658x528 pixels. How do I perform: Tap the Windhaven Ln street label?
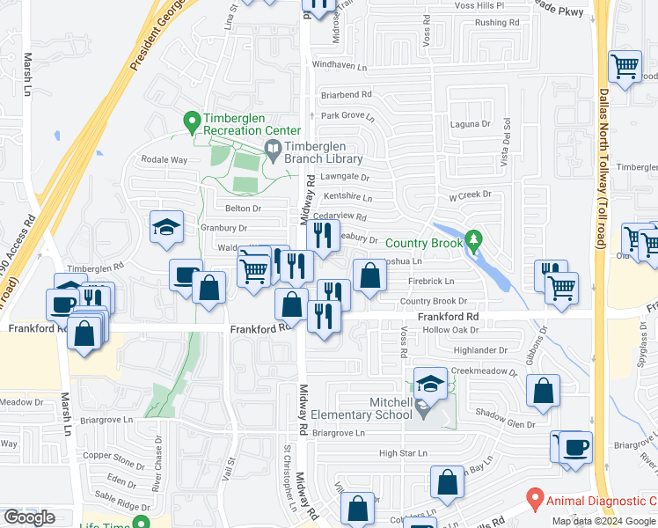(339, 65)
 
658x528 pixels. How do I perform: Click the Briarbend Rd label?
(347, 94)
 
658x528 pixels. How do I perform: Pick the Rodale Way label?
(164, 159)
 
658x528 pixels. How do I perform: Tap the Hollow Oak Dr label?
(450, 330)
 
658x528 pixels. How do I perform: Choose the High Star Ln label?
(403, 453)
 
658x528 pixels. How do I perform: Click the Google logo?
(29, 517)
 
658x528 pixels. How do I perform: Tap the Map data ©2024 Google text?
(603, 521)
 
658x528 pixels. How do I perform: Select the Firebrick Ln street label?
(430, 282)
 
